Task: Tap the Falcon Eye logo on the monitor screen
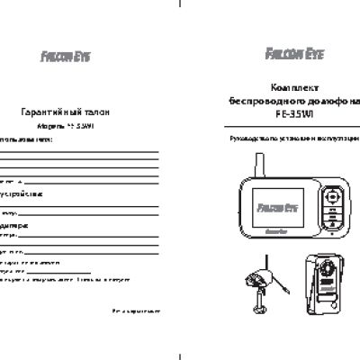[274, 216]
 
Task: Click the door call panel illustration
[325, 288]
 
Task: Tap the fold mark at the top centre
[180, 4]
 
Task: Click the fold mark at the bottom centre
[180, 354]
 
